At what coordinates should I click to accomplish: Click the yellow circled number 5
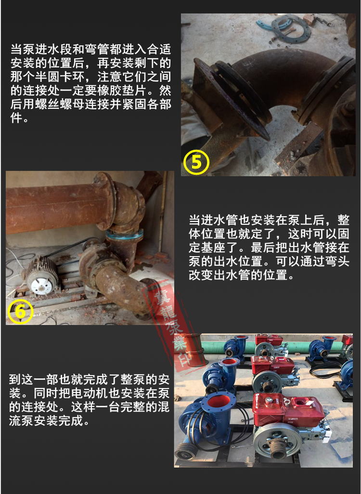(196, 162)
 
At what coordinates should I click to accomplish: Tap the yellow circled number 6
(21, 312)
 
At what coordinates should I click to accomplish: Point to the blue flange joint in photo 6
(125, 235)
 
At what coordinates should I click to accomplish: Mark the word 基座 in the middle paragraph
(214, 247)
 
